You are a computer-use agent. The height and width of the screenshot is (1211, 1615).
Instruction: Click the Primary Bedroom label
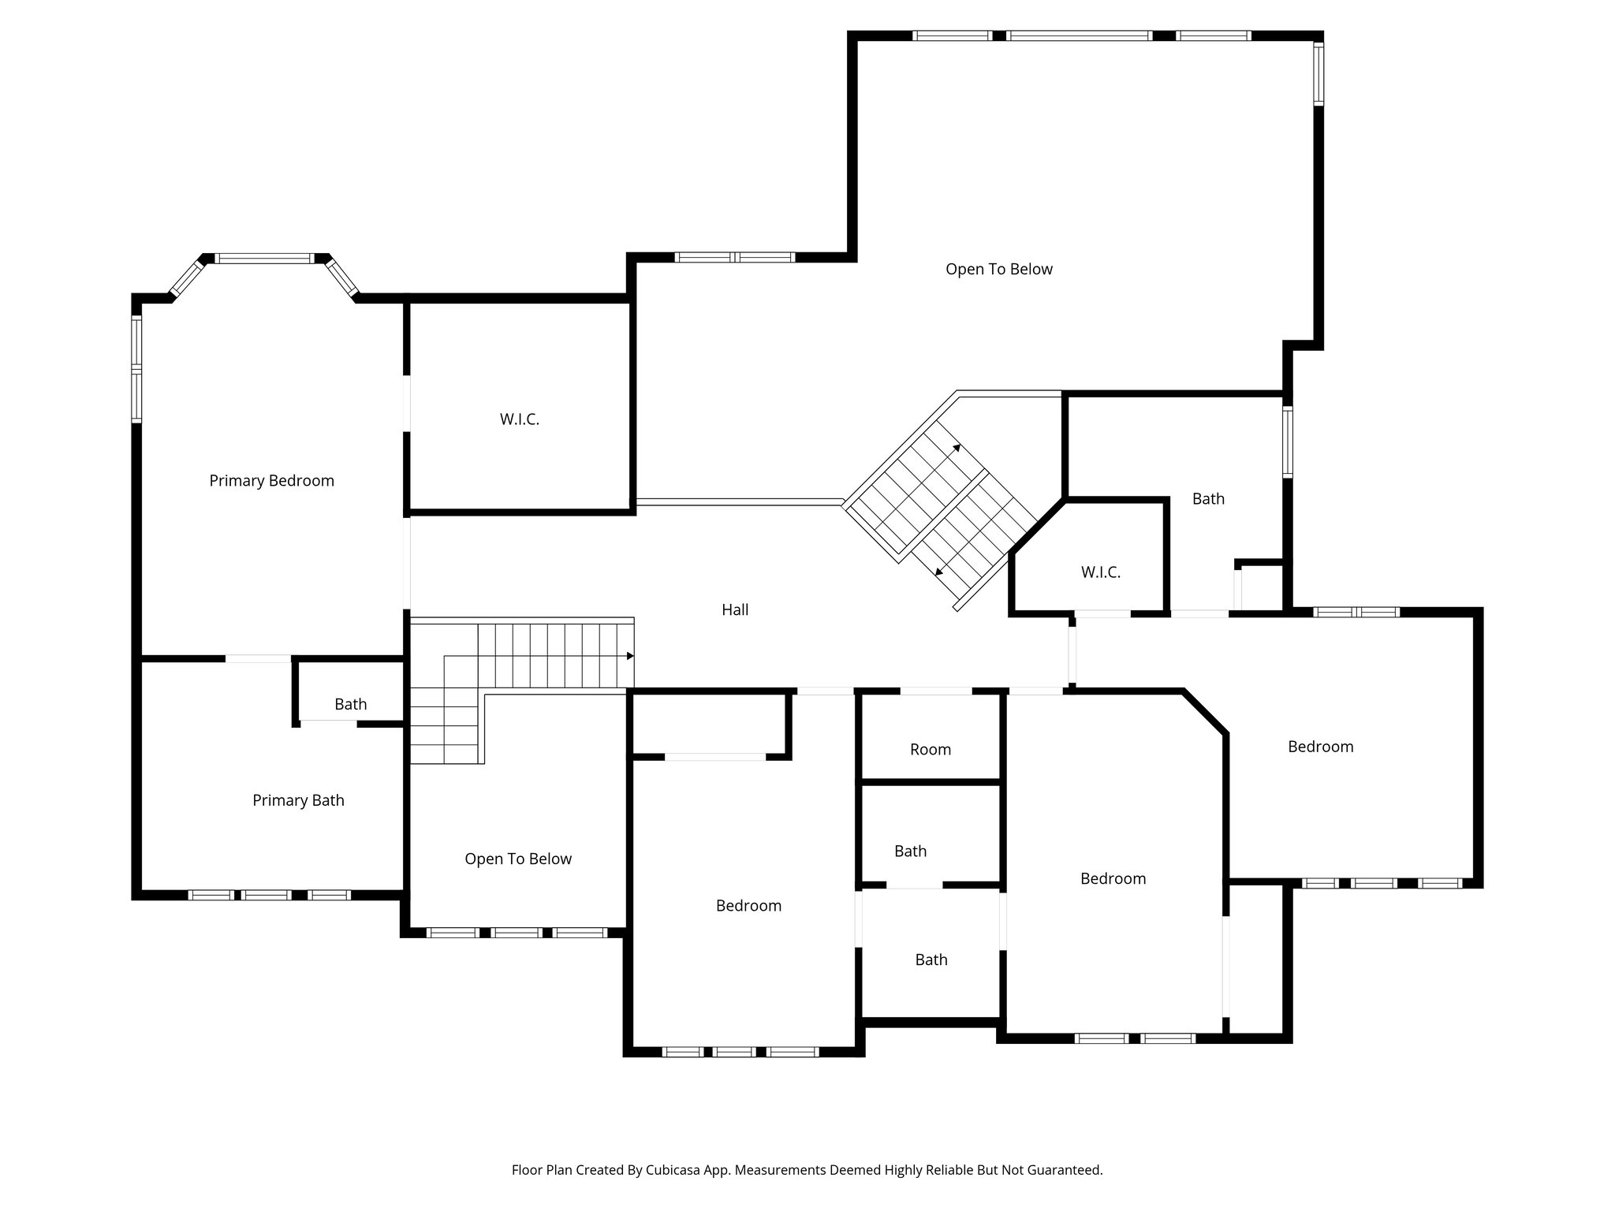(271, 481)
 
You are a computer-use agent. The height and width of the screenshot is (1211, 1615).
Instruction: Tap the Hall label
(735, 609)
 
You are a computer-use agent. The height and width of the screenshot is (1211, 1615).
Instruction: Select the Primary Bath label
(298, 800)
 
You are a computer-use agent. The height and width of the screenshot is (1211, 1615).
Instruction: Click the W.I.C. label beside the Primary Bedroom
(519, 419)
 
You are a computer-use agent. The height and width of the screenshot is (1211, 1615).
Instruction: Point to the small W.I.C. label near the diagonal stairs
(1100, 572)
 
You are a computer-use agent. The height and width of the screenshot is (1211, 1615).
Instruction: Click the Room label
(931, 750)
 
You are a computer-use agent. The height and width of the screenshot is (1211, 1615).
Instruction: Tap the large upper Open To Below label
(998, 269)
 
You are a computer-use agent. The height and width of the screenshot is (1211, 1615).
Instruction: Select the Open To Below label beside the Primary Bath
(517, 859)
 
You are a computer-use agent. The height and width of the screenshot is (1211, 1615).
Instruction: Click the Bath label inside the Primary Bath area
(350, 704)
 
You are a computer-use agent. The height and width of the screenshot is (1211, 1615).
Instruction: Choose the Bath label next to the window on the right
(1208, 498)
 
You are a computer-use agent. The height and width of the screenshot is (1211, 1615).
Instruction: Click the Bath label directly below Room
(910, 851)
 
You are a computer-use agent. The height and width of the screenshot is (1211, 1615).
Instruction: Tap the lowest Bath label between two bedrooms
(931, 959)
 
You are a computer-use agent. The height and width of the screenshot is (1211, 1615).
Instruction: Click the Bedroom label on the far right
(1320, 747)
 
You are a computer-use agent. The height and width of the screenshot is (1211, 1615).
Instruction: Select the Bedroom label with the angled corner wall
(1113, 878)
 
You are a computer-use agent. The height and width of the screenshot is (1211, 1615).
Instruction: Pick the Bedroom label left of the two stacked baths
(748, 906)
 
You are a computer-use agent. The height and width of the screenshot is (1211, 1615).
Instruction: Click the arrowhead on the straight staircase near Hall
(630, 656)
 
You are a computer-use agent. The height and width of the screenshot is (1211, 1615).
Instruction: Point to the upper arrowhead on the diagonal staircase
(957, 447)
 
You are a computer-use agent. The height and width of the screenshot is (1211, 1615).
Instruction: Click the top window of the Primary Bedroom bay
(265, 258)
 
